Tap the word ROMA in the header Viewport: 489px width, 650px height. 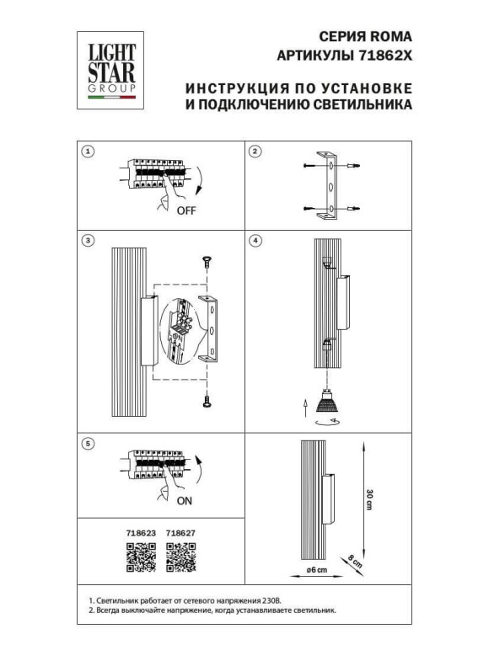click(x=393, y=37)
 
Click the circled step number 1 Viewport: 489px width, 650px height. click(x=88, y=152)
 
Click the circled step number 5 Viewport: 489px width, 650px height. click(x=88, y=443)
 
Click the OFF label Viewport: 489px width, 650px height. click(x=186, y=211)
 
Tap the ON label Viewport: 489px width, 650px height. click(x=185, y=500)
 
